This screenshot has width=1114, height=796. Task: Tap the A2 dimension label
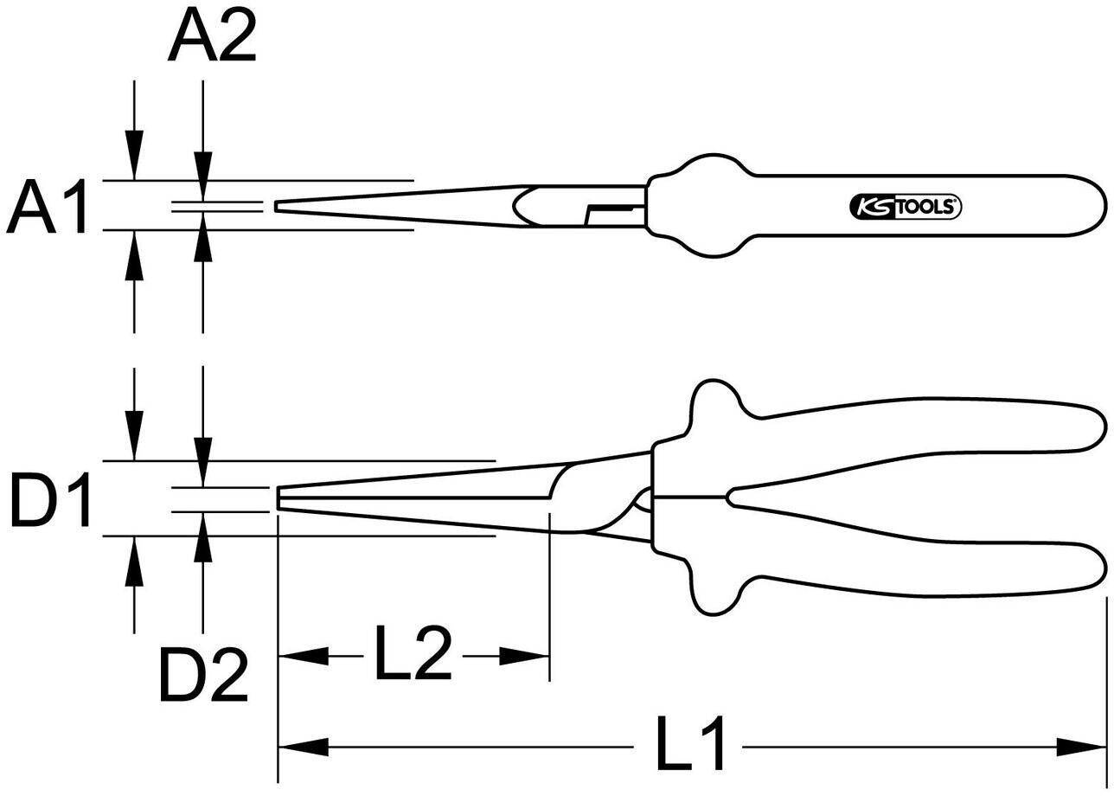[x=212, y=38]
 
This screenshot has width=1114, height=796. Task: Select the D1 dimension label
[x=51, y=501]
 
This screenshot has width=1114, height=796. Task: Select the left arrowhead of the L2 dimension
[x=302, y=657]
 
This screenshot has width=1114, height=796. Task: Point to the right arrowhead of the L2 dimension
[x=525, y=657]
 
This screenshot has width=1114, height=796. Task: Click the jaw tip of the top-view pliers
[x=278, y=207]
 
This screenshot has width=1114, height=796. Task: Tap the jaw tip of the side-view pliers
[x=280, y=499]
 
